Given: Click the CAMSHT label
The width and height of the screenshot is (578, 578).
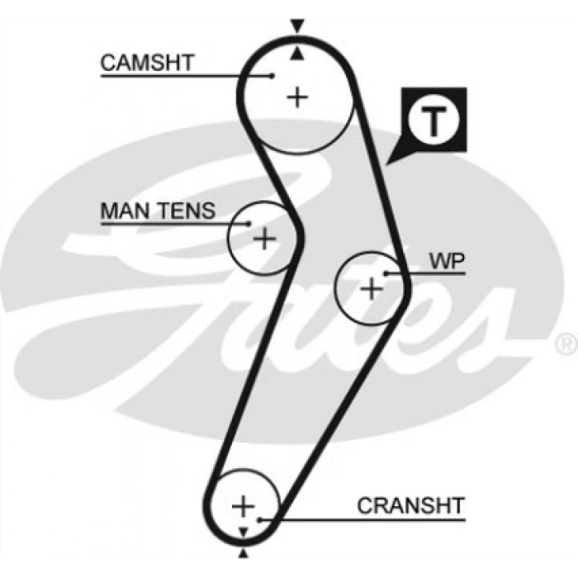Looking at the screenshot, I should pos(147,63).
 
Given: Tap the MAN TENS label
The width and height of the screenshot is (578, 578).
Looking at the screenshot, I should pos(157,211).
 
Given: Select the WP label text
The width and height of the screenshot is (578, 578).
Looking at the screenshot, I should pos(447,262).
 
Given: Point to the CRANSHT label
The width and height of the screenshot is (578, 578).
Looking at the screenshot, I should pos(410,505).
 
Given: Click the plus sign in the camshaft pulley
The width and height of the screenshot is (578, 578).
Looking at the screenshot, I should pos(297,97).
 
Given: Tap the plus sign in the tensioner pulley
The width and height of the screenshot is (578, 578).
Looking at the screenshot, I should pos(263,239).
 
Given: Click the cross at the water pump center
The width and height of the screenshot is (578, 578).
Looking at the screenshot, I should pos(372,288).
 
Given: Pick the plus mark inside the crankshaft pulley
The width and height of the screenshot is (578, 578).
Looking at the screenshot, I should pos(243,505).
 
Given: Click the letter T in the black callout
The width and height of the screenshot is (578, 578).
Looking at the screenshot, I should pos(434,121).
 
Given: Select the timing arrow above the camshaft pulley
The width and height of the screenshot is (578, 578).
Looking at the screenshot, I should pos(296,23).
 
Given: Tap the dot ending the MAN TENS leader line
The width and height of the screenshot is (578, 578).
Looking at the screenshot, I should pos(249,222).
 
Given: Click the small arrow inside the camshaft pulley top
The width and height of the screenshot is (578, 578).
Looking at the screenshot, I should pos(296,54).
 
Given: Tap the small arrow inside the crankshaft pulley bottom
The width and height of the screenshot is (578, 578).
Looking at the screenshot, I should pos(243,530).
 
